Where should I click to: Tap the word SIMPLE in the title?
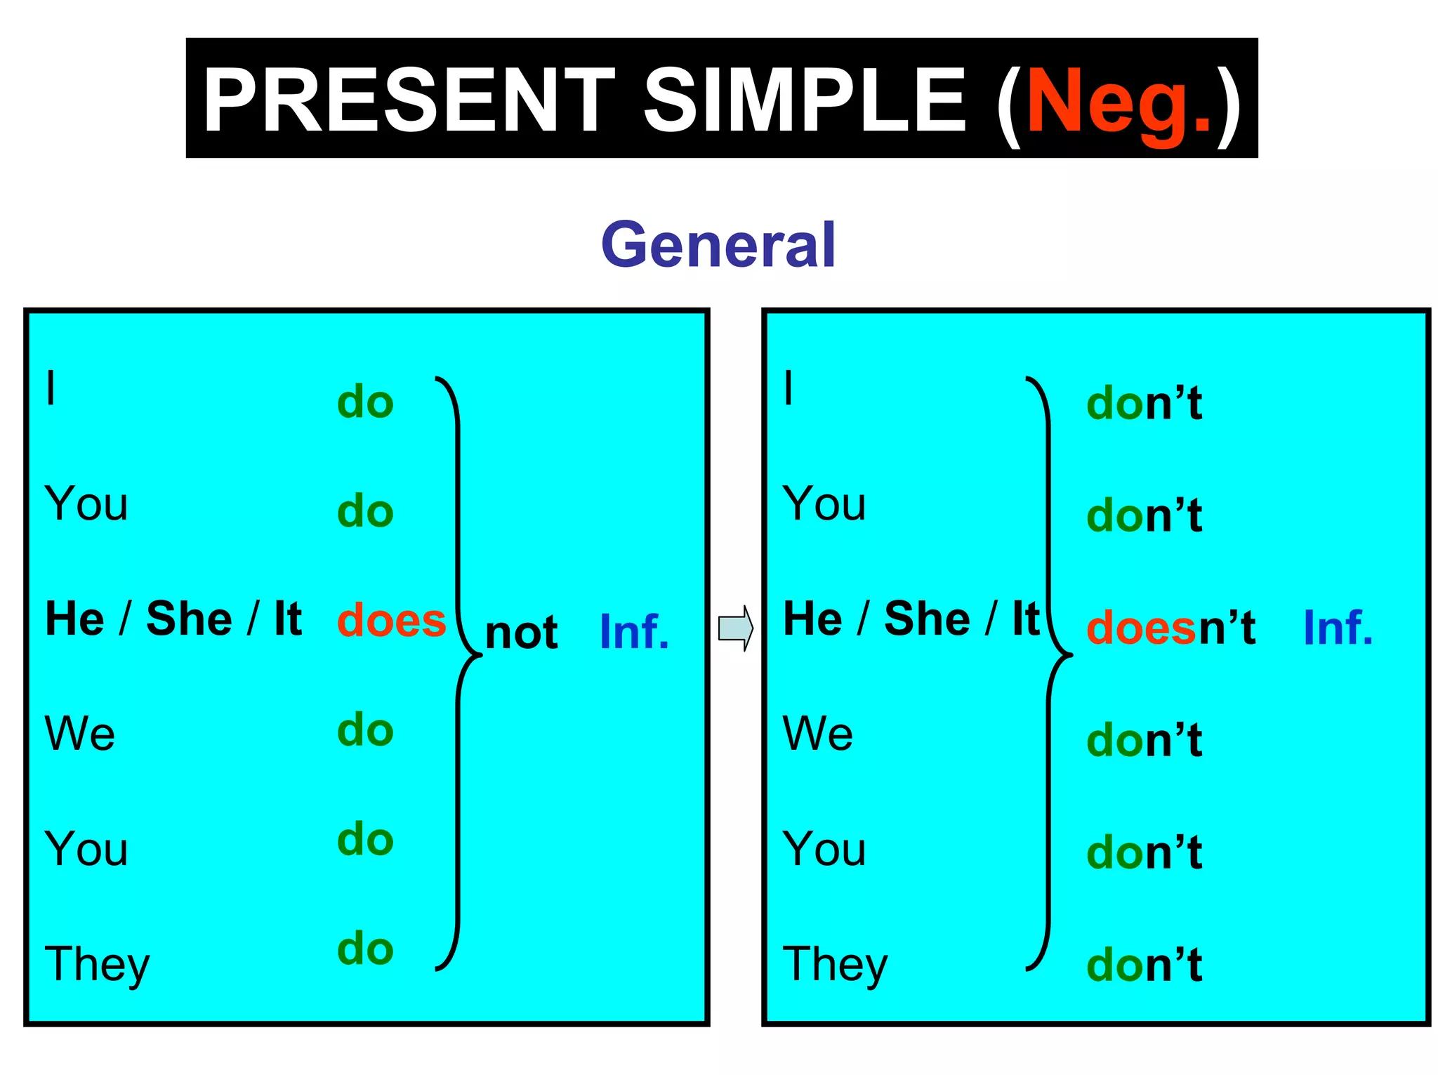(x=805, y=99)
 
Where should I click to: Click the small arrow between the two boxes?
(x=735, y=628)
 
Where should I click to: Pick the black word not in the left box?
(x=521, y=632)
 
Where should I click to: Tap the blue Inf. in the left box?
(x=634, y=632)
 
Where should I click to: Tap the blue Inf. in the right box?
(x=1338, y=627)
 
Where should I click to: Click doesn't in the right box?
(x=1170, y=627)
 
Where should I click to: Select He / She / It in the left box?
(x=173, y=619)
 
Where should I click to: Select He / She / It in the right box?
(x=911, y=619)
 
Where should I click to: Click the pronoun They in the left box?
(x=97, y=964)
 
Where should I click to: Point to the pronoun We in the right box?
(x=818, y=734)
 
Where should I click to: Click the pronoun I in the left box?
(x=51, y=388)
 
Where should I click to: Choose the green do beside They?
(x=365, y=949)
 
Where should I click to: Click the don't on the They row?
(x=1144, y=965)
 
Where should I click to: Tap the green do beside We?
(x=365, y=730)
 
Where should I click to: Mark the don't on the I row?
(x=1144, y=403)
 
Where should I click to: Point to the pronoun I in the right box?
(x=789, y=388)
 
